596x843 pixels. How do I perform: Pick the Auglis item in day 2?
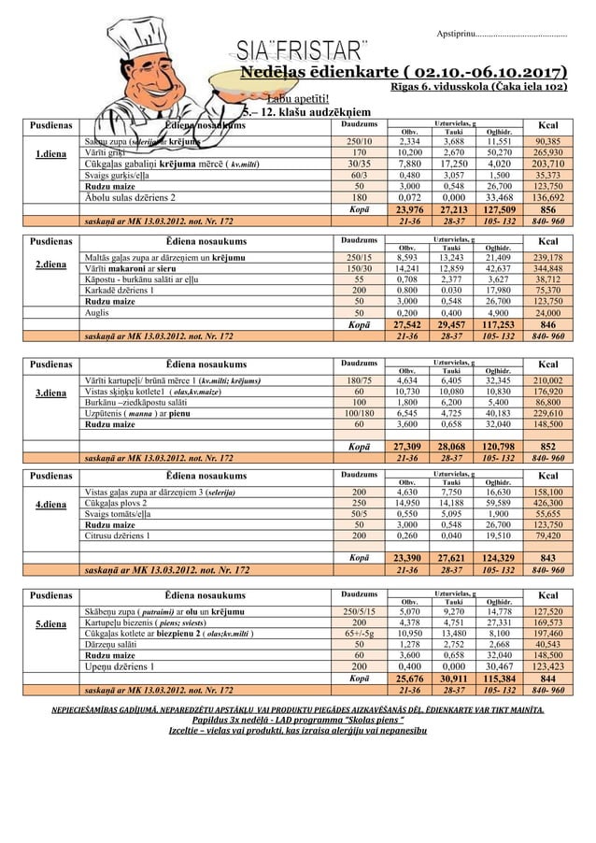[x=96, y=313]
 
